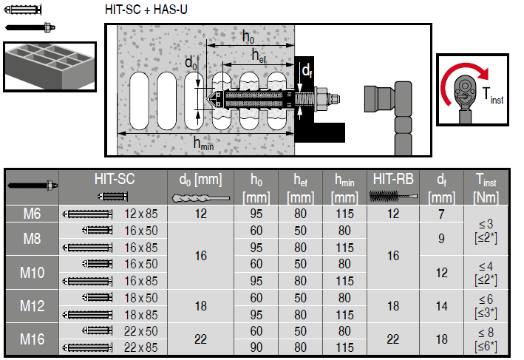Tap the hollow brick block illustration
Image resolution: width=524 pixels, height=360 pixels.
coord(49,66)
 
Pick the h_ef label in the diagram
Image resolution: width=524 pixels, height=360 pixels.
coord(258,55)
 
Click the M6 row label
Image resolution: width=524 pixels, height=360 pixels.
coord(32,214)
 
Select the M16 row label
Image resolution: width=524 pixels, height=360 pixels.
coord(32,339)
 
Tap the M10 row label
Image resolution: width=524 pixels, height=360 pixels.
coord(32,273)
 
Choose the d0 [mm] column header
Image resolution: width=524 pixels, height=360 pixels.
coord(200,179)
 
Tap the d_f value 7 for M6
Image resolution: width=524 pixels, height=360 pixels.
coord(441,214)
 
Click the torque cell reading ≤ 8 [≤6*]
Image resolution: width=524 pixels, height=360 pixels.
coord(485,339)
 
